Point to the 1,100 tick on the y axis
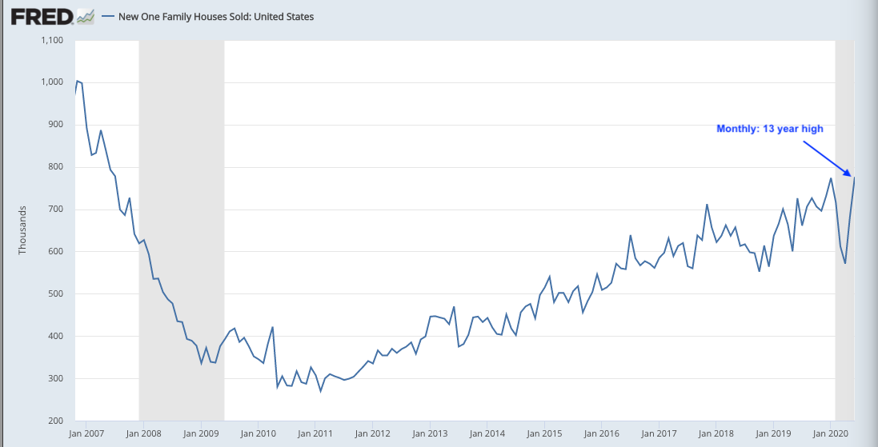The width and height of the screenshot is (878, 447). (53, 39)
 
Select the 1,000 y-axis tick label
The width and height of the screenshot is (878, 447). (53, 82)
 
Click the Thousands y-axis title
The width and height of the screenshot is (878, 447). (22, 230)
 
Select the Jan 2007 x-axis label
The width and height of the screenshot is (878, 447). (86, 433)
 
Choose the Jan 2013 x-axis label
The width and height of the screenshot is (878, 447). (430, 433)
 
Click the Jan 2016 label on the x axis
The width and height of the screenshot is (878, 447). (601, 433)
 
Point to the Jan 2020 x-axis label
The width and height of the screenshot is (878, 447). (830, 433)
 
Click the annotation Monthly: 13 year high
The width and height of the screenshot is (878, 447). (769, 128)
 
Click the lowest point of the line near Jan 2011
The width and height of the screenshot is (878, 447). (321, 391)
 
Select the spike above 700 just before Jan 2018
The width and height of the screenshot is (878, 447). (707, 205)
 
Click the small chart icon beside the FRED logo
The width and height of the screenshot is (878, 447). (86, 16)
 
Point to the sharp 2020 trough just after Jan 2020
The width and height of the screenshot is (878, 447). (844, 263)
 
